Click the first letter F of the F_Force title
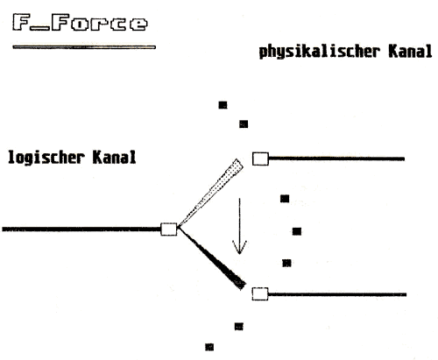[21, 22]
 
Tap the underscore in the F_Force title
[40, 29]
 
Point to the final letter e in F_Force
[138, 25]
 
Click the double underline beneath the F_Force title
[84, 47]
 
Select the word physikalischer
[320, 53]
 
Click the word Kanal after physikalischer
[410, 52]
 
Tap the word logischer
[46, 158]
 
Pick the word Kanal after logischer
[114, 157]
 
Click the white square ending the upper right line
[260, 159]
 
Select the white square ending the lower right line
[260, 293]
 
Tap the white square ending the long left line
[169, 229]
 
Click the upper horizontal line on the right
[336, 159]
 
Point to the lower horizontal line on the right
[337, 294]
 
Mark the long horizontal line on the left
[81, 229]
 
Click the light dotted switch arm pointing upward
[211, 193]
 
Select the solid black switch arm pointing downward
[212, 258]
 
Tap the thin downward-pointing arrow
[239, 226]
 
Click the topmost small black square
[223, 105]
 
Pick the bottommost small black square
[209, 347]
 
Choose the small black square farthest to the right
[297, 231]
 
